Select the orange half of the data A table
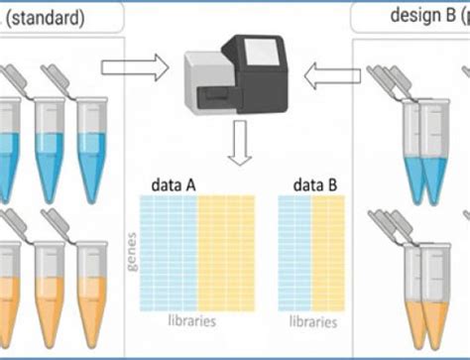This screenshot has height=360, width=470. coord(226,253)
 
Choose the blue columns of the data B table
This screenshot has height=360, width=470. coord(294,253)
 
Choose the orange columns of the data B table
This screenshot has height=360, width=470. coord(327,253)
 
